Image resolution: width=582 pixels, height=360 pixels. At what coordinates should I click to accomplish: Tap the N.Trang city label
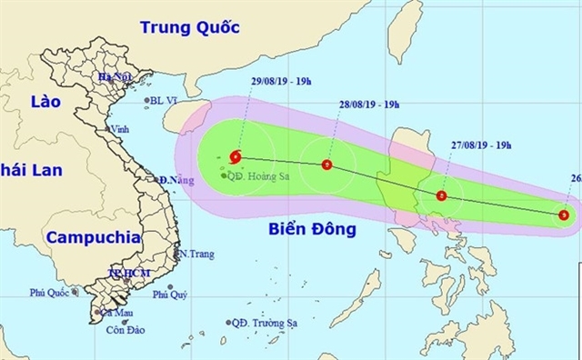[x=196, y=255]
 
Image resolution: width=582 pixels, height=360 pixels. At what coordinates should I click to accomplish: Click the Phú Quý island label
[x=170, y=294]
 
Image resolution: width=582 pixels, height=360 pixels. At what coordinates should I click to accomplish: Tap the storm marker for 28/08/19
[x=326, y=165]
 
